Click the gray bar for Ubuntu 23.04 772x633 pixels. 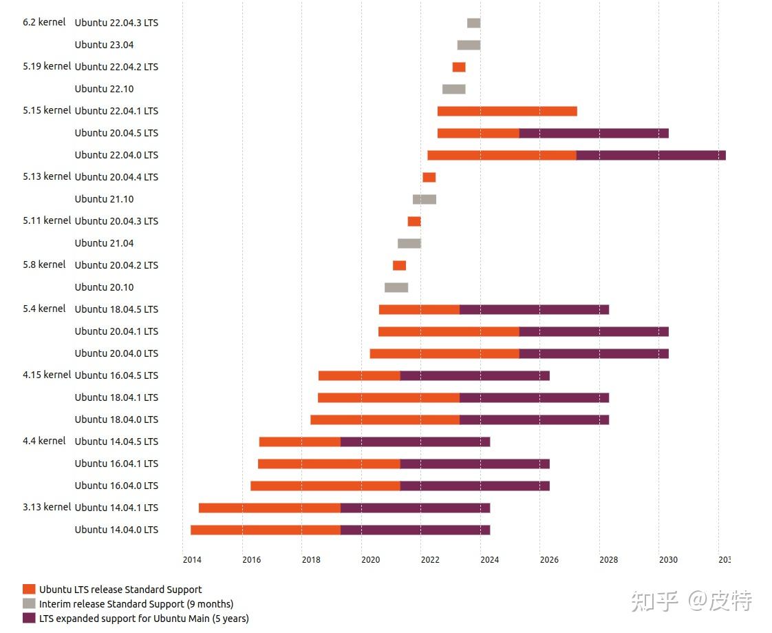[x=469, y=45]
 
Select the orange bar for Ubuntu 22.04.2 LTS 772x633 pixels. [x=459, y=67]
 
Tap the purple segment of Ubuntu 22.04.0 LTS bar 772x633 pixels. [x=651, y=155]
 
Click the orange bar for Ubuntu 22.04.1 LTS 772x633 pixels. [x=507, y=111]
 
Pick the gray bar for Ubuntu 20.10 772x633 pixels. [x=396, y=287]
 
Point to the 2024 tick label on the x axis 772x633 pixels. [x=489, y=559]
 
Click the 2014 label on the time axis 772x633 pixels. [x=192, y=559]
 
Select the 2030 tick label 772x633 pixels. [x=667, y=559]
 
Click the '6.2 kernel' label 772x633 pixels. [x=44, y=22]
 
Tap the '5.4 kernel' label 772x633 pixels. [x=44, y=309]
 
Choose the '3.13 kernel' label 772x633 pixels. [x=47, y=507]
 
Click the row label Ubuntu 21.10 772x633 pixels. [x=105, y=199]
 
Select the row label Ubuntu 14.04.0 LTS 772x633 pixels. [x=116, y=530]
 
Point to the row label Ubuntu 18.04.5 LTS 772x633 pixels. [x=116, y=309]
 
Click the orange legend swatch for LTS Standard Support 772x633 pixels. [x=29, y=589]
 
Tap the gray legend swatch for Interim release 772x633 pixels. [x=29, y=603]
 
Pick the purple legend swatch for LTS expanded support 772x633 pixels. [x=29, y=618]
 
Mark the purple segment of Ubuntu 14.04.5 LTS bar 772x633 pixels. [x=415, y=442]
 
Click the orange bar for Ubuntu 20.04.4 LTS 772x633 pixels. [x=429, y=177]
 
